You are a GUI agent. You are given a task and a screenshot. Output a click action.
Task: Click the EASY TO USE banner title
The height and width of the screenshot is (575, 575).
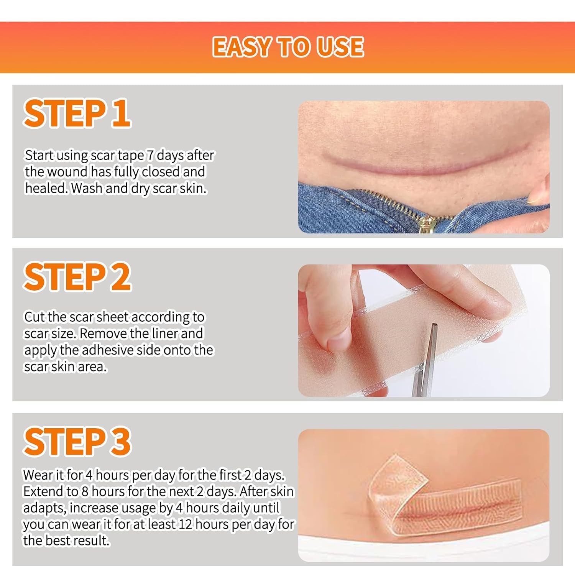tap(288, 47)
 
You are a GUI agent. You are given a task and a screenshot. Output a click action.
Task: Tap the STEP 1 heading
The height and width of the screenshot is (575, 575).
tap(77, 113)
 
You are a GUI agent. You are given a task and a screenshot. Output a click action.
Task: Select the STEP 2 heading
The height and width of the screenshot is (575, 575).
tap(77, 277)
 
